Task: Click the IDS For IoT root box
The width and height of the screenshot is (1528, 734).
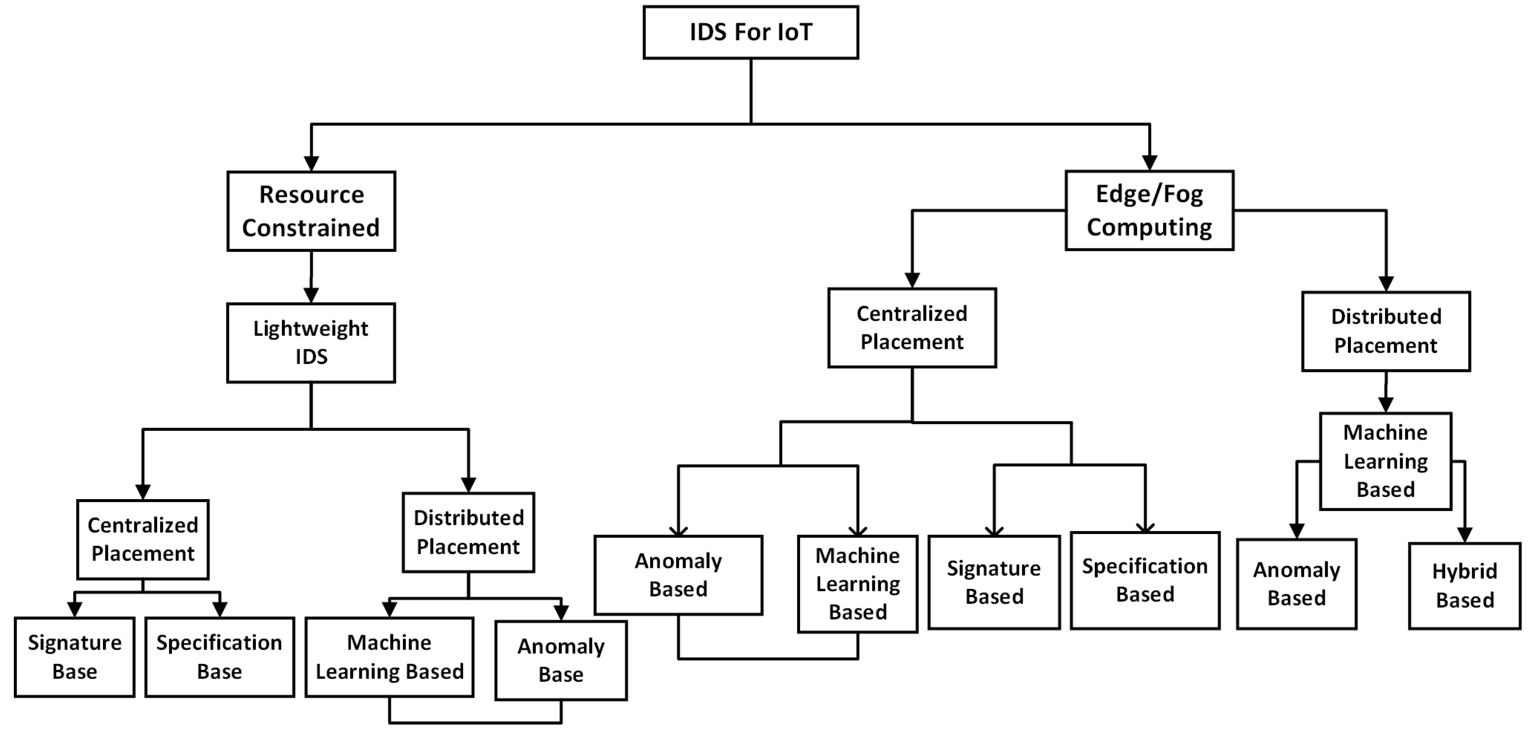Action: tap(750, 33)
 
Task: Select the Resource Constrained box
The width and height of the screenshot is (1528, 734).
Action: tap(311, 211)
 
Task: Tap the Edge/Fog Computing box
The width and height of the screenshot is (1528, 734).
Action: tap(1149, 210)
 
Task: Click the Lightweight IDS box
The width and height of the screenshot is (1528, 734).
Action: tap(311, 343)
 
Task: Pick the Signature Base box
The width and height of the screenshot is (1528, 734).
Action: tap(75, 657)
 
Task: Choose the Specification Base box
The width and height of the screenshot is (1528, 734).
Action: tap(219, 657)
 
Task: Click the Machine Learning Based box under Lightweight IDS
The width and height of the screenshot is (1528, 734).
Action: tap(389, 657)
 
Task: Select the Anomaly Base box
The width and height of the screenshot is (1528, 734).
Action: tap(561, 660)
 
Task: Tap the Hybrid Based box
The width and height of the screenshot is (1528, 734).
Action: tap(1464, 586)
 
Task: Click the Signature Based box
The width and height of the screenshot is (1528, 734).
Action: tap(994, 582)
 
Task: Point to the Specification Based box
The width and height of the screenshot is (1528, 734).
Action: tap(1145, 580)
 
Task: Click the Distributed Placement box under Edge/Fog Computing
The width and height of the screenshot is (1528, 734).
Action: tap(1386, 331)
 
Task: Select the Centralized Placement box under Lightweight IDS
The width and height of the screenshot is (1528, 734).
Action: tap(143, 539)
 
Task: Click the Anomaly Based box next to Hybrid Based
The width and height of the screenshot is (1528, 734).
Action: tap(1297, 584)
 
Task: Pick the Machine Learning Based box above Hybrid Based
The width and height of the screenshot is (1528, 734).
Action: tap(1386, 461)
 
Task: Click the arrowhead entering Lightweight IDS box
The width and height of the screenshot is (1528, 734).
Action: tap(311, 295)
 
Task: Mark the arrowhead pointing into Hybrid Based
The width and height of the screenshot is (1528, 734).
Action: tap(1464, 535)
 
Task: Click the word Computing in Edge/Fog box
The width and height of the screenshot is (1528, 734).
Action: tap(1149, 228)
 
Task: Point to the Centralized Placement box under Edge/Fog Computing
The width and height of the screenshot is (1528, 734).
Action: tap(912, 328)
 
